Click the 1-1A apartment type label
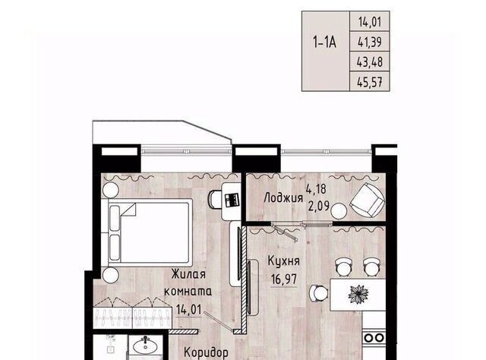tap(325, 42)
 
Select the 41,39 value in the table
tap(370, 42)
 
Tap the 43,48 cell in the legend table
tap(370, 62)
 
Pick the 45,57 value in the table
tap(370, 82)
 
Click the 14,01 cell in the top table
tap(370, 22)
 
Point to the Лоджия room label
tap(283, 197)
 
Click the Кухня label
tap(283, 261)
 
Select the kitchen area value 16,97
tap(284, 279)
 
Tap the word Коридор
tap(206, 352)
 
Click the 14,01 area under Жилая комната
tap(189, 309)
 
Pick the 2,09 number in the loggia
tap(318, 206)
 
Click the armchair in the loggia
tap(368, 201)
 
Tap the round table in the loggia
tap(339, 211)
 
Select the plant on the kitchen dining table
tap(358, 294)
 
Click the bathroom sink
tap(145, 345)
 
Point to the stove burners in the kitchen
tap(374, 337)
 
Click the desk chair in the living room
tap(214, 199)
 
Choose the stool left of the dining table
tap(318, 293)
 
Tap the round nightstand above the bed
tap(111, 189)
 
